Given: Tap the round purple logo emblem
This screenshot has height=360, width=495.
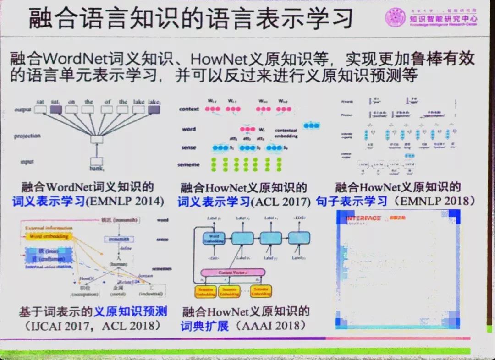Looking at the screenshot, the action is [x=395, y=19].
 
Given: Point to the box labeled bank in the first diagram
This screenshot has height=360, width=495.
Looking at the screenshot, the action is [x=97, y=162].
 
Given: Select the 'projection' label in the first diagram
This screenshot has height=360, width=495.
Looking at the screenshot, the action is [x=27, y=136].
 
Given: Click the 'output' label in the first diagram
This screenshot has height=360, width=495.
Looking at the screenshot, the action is [x=22, y=110].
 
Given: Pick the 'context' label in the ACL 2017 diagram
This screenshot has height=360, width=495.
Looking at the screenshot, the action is [x=189, y=109].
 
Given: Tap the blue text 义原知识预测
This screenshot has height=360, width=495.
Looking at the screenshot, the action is [x=130, y=312].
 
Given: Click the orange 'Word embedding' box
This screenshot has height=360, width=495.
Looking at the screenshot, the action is [x=49, y=236].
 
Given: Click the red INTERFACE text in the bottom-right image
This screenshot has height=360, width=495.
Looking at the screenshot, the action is [x=363, y=218].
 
